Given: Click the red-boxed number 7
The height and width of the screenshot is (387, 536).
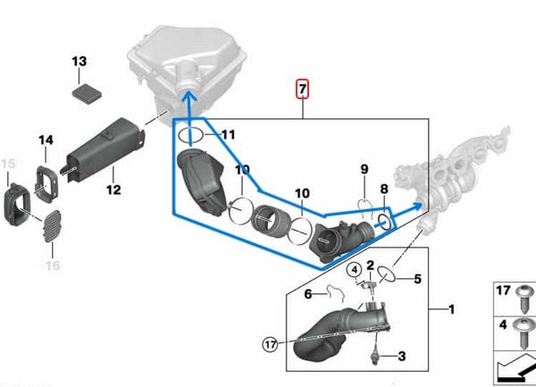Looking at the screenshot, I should [x=304, y=88].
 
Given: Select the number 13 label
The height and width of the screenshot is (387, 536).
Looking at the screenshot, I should [x=80, y=62].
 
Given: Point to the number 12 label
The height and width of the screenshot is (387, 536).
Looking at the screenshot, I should [x=113, y=189].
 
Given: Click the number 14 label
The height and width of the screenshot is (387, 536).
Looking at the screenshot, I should [x=46, y=139].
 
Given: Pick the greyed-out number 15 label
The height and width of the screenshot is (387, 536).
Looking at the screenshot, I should [x=8, y=163].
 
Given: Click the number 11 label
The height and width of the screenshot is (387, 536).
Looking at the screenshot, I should [x=228, y=135].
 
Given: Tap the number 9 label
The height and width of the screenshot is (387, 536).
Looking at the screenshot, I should [x=364, y=169].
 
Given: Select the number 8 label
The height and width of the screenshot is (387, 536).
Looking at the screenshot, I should [x=385, y=189].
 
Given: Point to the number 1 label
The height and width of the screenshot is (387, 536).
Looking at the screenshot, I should [x=452, y=309].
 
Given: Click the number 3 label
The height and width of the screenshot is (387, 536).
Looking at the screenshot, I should [x=401, y=357].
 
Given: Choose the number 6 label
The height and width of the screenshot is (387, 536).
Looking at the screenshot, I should [x=307, y=292].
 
